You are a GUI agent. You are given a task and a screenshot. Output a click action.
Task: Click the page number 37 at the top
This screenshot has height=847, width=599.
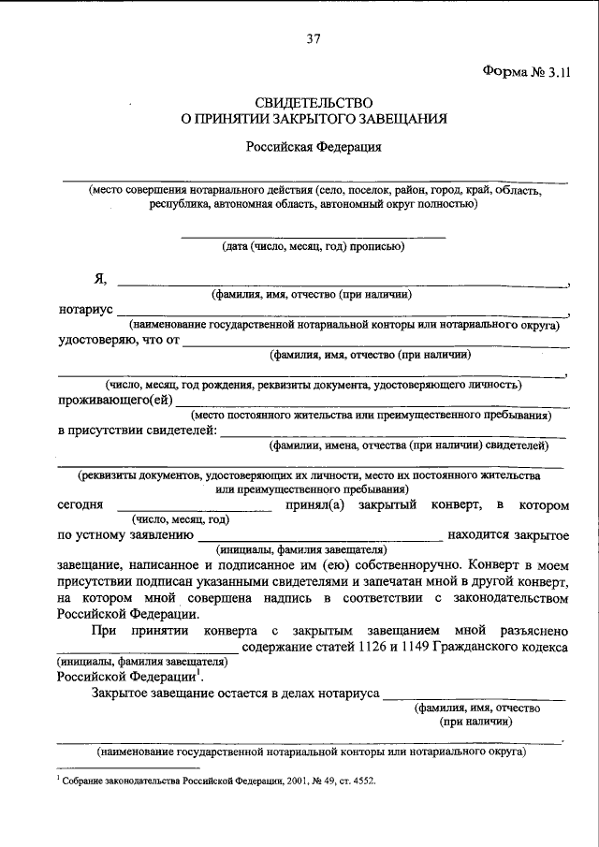(314, 38)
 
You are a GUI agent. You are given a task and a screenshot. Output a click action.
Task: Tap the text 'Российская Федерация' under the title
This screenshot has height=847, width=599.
(314, 147)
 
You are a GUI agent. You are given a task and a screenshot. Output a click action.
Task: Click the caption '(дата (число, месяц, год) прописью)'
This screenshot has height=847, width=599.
(313, 248)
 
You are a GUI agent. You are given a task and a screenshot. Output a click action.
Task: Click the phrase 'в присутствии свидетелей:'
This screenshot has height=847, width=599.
(137, 431)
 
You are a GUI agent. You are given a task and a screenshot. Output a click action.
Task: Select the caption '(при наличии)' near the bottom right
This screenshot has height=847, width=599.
(475, 723)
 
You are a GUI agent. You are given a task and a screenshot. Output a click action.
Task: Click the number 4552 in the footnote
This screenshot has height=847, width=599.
(360, 781)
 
